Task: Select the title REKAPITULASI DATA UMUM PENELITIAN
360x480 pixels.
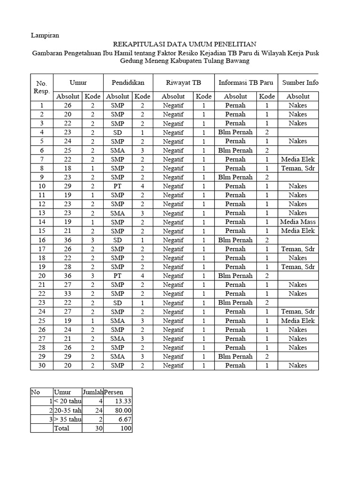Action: (185, 44)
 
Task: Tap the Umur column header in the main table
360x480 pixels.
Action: (78, 82)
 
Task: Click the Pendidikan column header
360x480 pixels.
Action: (127, 82)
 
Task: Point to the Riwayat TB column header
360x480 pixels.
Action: (183, 82)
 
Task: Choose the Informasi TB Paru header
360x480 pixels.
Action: (246, 82)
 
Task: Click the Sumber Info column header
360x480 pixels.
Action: (300, 82)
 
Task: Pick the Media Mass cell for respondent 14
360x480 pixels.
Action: (298, 222)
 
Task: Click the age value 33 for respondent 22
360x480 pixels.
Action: (68, 293)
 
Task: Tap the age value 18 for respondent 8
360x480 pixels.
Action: (68, 168)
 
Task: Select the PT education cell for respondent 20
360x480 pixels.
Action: (118, 276)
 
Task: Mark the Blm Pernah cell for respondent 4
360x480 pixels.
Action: (235, 132)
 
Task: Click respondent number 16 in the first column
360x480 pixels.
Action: (41, 240)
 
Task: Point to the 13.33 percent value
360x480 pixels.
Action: (123, 401)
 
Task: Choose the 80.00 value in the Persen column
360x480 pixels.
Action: (123, 410)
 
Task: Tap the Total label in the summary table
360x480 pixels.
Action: (62, 428)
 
